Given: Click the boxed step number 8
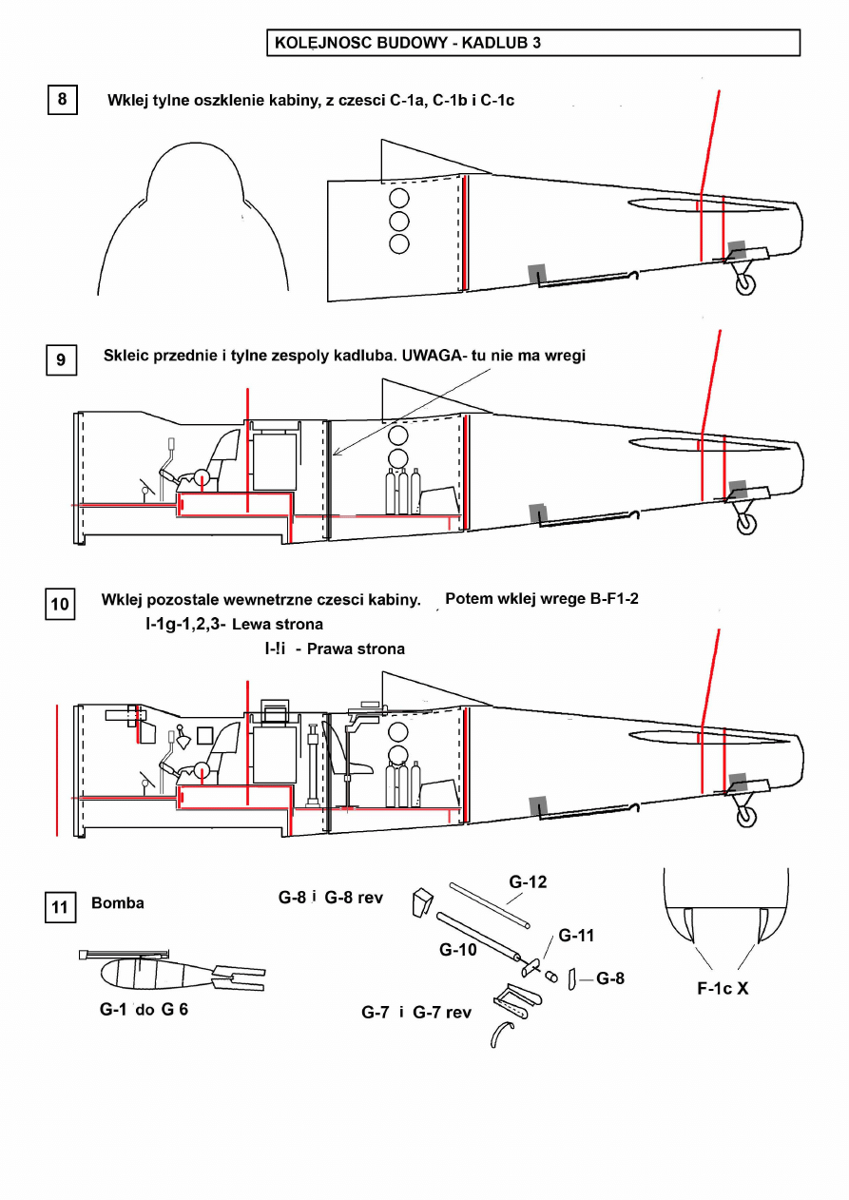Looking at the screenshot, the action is coord(62,100).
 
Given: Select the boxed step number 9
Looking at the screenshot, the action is coord(61,359).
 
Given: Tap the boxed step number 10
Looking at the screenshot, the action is coord(60,605).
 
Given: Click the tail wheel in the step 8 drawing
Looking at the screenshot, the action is coord(745,284).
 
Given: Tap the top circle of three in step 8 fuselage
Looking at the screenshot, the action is coord(399,198).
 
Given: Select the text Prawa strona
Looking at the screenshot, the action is coord(356,649).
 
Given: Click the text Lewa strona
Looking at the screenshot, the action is coord(278,625).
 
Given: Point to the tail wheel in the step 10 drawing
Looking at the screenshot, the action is coord(745,817).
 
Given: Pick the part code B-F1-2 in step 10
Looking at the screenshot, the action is coord(614,599).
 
